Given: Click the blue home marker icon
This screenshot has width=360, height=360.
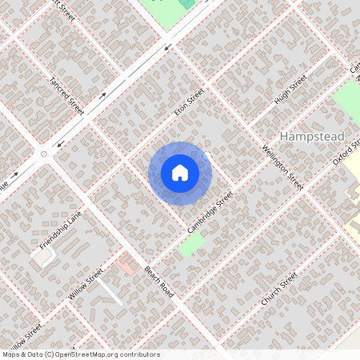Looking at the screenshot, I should point(180,173).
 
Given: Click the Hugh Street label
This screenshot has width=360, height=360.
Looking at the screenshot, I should point(290,90).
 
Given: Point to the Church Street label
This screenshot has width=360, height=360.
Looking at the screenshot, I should point(279,290).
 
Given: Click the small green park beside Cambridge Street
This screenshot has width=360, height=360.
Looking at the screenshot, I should point(191,245).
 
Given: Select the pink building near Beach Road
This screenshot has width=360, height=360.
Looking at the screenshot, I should point(126,263).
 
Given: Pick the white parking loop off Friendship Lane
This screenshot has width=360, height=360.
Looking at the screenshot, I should point(44,256).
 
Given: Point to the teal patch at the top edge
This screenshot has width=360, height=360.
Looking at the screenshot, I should point(187,3).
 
